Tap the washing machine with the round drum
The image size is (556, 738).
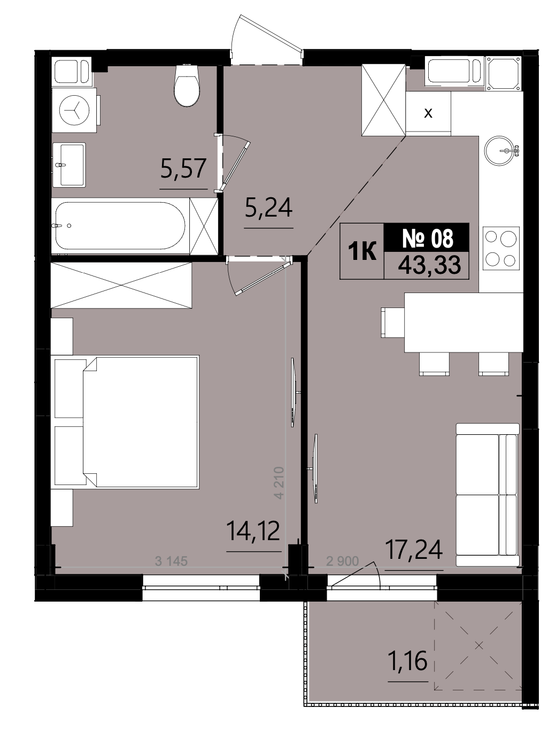pyautogui.click(x=75, y=110)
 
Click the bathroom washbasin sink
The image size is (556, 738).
pyautogui.click(x=69, y=165)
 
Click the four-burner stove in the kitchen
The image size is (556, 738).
pyautogui.click(x=500, y=248)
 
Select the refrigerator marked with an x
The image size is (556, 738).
pyautogui.click(x=428, y=113)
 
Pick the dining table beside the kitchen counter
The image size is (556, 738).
pyautogui.click(x=464, y=322)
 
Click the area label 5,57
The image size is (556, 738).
pyautogui.click(x=183, y=168)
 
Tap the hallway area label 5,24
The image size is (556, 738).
pyautogui.click(x=268, y=207)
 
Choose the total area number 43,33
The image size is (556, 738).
pyautogui.click(x=429, y=265)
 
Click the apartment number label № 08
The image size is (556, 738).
pyautogui.click(x=427, y=239)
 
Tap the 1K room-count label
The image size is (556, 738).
pyautogui.click(x=362, y=251)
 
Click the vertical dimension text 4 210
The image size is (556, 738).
pyautogui.click(x=279, y=482)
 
